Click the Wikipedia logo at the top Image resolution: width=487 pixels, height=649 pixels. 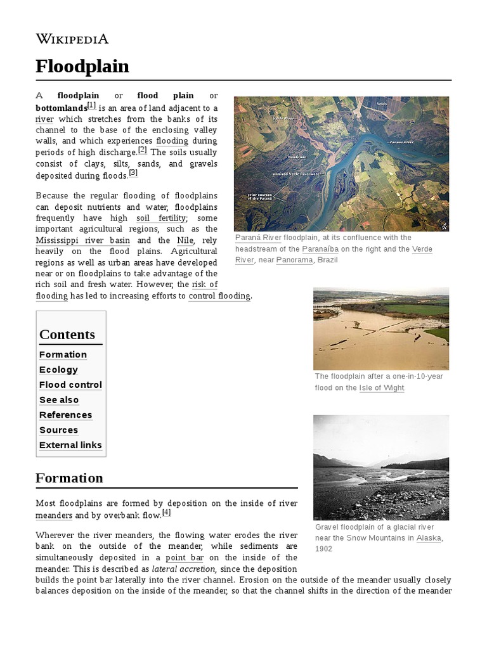point(72,39)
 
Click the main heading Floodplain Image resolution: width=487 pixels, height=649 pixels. point(82,67)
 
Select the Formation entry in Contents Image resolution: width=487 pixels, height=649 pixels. point(63,355)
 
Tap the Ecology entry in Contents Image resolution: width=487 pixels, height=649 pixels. point(58,370)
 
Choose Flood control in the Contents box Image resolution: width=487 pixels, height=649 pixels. point(70,385)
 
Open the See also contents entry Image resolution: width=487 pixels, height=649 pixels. point(59,400)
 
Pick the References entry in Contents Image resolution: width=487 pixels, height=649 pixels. point(65,415)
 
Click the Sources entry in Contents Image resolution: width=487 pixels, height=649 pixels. point(58,430)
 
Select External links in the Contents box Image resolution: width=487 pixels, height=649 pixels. point(70,445)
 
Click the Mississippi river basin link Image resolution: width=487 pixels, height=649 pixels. point(83,240)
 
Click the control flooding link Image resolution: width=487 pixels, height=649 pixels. point(219,296)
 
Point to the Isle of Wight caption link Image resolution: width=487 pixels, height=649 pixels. point(382,388)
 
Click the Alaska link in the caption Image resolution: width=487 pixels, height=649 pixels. point(429,538)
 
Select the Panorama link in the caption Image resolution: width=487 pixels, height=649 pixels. point(294,260)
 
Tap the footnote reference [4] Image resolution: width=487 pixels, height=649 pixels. point(166,513)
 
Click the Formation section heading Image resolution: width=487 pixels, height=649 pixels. point(69,478)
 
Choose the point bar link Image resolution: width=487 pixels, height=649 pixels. point(185,558)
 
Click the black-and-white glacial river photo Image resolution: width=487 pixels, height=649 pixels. point(381,468)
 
